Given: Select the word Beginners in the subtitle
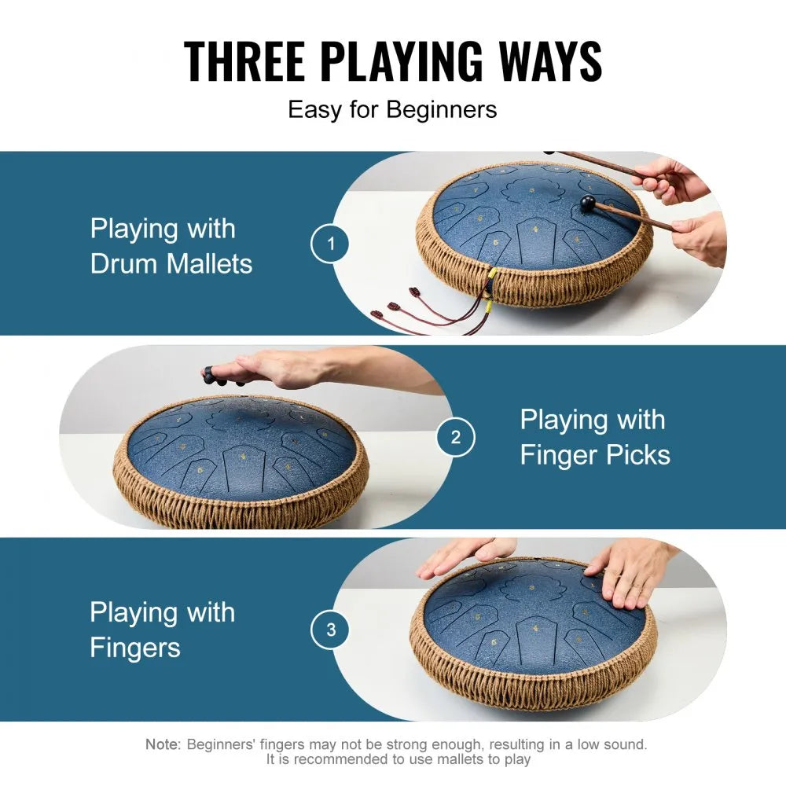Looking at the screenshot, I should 441,108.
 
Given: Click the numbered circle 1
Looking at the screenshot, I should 331,244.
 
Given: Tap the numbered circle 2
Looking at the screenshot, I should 455,438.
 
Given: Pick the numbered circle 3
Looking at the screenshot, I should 331,630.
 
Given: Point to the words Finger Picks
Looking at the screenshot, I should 595,455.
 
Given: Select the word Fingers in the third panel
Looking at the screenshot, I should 135,648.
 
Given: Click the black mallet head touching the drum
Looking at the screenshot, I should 586,204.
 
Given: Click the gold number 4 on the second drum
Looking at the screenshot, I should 243,456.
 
